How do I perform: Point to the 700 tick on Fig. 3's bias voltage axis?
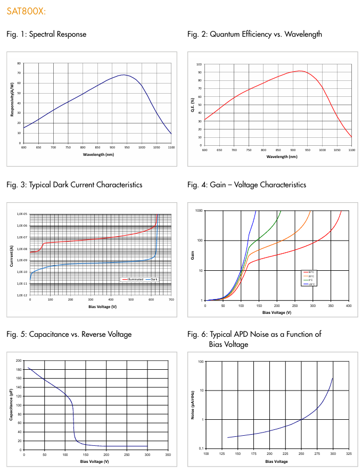click(x=171, y=300)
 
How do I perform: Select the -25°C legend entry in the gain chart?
click(x=309, y=285)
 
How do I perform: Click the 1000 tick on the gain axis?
click(x=199, y=211)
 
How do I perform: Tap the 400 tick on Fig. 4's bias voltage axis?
click(x=348, y=306)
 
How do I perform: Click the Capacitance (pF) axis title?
click(x=12, y=405)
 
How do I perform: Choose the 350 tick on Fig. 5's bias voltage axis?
click(x=168, y=455)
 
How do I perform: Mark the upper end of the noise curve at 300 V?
click(x=333, y=378)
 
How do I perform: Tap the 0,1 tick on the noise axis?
click(x=200, y=449)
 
